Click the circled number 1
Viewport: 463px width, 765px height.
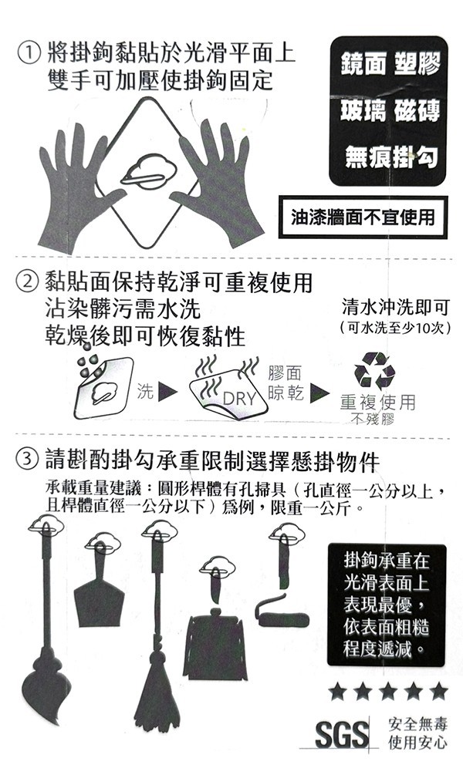point(29,53)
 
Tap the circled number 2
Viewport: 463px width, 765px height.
point(28,281)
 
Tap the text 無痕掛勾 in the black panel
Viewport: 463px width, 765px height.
point(391,157)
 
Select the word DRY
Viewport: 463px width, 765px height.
point(239,399)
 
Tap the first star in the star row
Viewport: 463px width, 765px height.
point(337,691)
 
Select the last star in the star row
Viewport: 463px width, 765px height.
point(438,691)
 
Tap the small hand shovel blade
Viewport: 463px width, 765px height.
point(99,602)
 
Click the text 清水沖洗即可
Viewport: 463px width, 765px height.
point(395,307)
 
